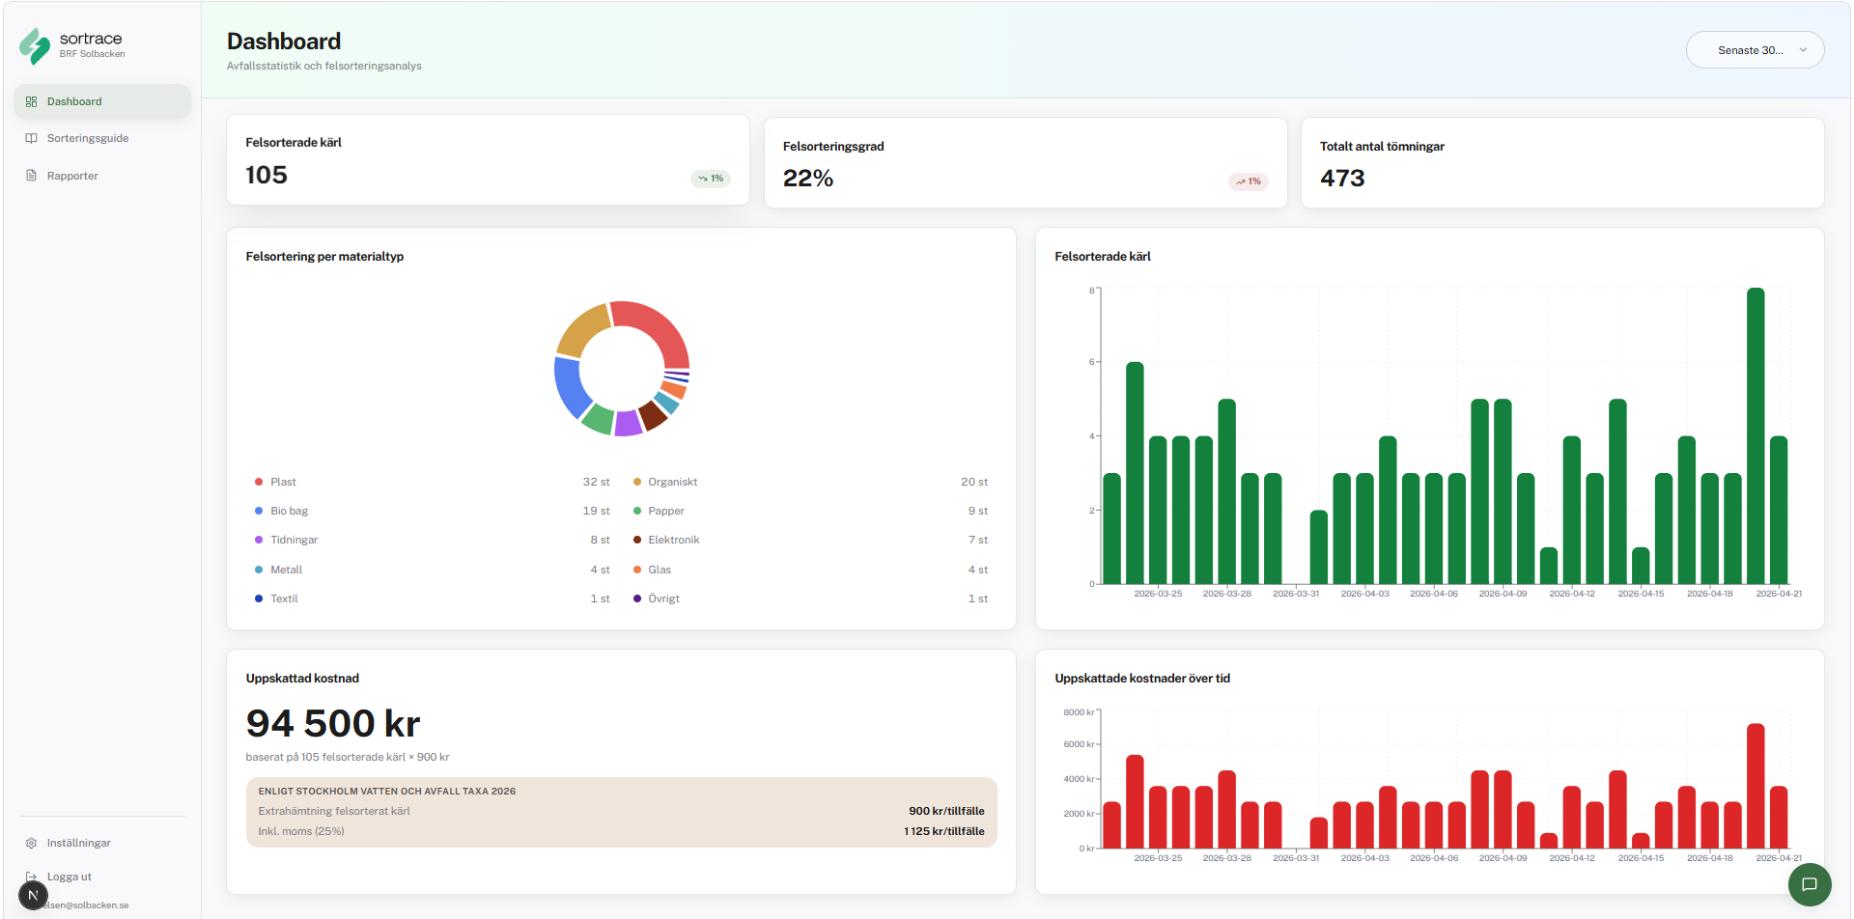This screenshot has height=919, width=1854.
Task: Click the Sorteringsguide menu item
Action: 87,138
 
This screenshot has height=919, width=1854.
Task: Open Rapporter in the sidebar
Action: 72,176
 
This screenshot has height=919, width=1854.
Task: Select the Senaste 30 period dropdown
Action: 1754,50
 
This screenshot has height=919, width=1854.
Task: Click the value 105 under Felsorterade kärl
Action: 267,175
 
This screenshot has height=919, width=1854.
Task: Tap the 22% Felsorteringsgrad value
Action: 808,179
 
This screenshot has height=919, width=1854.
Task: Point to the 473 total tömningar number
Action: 1342,179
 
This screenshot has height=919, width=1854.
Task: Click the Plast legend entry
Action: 283,482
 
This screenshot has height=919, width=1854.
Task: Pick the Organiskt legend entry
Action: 672,482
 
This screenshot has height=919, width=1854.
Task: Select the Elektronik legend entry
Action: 673,540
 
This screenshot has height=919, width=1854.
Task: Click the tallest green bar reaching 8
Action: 1756,434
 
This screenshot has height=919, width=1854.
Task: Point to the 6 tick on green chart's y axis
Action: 1092,362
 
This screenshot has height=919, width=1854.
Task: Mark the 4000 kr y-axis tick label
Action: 1079,779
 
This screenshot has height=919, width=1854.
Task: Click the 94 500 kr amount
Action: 333,724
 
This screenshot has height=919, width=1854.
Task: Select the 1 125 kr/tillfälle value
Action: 943,831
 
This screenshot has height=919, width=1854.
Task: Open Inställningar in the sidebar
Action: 78,843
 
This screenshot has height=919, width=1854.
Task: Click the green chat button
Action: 1809,884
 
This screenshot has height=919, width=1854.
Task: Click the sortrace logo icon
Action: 35,45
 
